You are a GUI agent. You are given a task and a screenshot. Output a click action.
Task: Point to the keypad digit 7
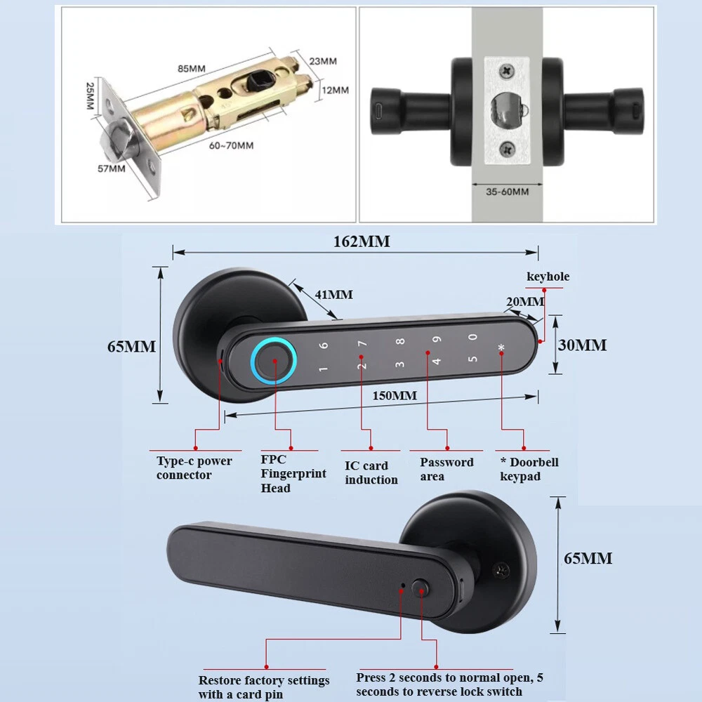point(363,345)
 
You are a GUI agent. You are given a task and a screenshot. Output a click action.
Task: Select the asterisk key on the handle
point(501,349)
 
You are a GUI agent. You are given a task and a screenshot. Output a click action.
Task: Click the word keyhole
point(548,277)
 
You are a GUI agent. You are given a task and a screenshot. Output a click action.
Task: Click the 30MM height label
point(582,345)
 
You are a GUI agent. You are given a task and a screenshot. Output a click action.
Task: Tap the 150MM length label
point(395,396)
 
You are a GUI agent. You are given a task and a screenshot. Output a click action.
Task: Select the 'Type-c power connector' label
point(194,468)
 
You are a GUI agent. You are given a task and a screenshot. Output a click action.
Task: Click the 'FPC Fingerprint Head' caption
point(293,474)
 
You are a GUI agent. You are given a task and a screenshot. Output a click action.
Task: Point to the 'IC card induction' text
point(371,472)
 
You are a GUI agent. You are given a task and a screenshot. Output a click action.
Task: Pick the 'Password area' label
point(446,469)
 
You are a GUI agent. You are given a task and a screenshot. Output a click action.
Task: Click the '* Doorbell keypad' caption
point(529,469)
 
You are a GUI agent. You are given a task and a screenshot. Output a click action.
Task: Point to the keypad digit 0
point(472,337)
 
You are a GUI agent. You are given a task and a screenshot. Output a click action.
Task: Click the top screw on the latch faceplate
point(507,72)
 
